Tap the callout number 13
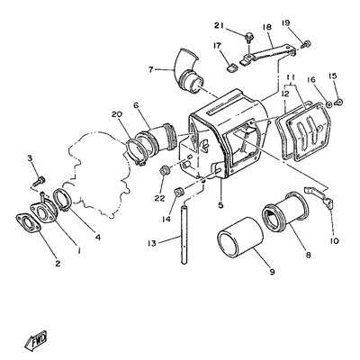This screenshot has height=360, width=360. [151, 243]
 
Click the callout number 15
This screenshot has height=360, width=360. [334, 76]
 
